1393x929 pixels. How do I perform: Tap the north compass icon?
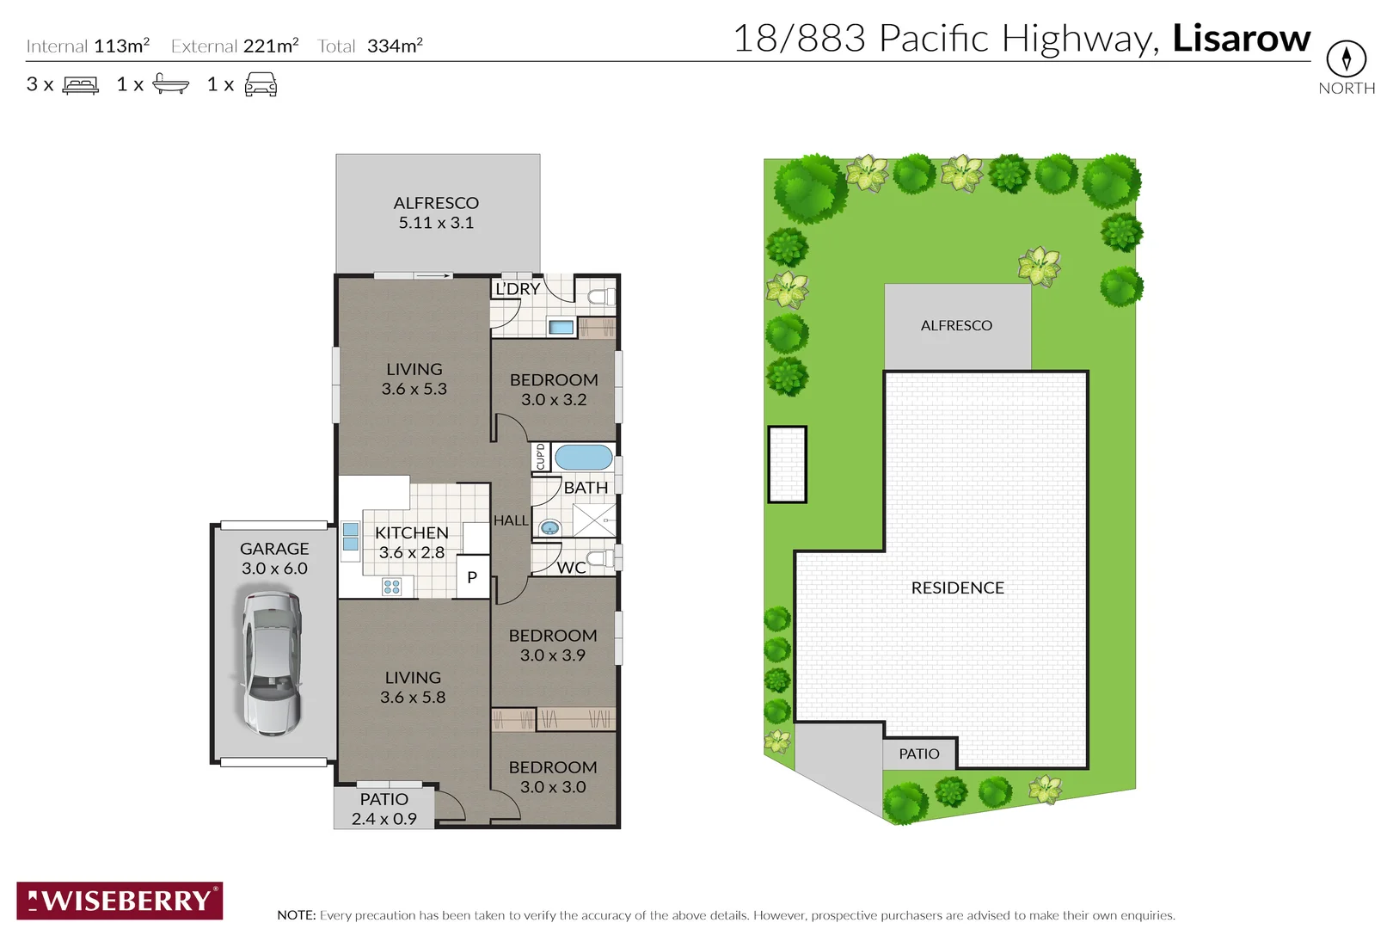click(1346, 58)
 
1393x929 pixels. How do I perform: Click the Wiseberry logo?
click(120, 901)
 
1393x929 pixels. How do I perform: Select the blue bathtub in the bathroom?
click(583, 457)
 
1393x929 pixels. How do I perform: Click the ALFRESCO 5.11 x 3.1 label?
click(436, 212)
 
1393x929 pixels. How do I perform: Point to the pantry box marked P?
click(472, 577)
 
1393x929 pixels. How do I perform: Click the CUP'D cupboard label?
click(540, 457)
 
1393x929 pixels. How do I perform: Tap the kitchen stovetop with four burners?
click(391, 587)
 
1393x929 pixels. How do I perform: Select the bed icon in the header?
click(81, 84)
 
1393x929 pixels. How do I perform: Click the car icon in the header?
click(261, 84)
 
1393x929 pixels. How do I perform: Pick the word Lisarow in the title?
click(1241, 38)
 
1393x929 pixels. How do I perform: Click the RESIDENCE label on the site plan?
click(957, 588)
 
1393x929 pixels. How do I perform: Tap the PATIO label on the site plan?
click(918, 754)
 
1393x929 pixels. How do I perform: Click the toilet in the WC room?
click(602, 558)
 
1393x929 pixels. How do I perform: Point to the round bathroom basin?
click(549, 527)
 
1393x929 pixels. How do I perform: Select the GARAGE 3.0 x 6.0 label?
click(274, 558)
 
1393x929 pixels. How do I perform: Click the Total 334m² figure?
click(371, 46)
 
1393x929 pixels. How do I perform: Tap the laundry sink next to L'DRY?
click(561, 327)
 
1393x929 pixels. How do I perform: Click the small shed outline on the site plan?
click(787, 464)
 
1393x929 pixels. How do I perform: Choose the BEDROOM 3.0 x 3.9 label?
click(552, 645)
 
